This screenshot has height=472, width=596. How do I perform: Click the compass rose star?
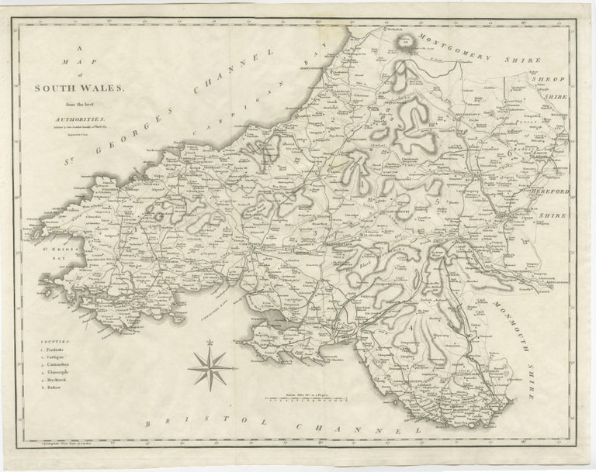tap(208, 367)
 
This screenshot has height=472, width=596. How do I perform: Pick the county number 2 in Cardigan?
tap(331, 120)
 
